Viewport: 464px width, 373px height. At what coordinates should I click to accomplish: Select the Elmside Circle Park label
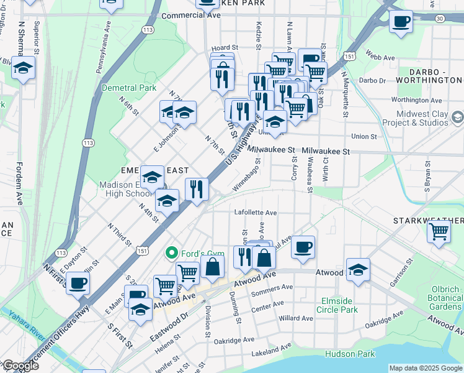(x=337, y=305)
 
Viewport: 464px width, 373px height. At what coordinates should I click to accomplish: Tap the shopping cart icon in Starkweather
(x=439, y=232)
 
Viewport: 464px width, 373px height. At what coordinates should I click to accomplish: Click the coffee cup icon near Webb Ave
(x=401, y=22)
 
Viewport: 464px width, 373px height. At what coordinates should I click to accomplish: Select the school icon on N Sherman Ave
(x=23, y=68)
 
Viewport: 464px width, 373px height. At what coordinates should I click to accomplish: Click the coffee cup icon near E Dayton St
(x=78, y=283)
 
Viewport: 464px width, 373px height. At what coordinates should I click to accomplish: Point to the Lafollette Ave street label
(x=255, y=212)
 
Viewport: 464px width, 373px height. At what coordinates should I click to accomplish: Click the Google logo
(x=20, y=366)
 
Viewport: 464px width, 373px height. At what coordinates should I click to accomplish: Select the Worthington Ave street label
(x=416, y=99)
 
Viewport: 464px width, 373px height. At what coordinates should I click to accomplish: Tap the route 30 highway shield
(x=439, y=19)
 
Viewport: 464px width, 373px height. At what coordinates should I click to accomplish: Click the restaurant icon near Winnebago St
(x=197, y=190)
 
